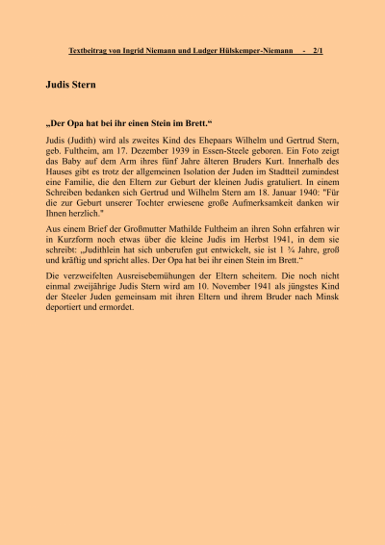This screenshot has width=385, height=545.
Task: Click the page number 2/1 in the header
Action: [x=319, y=49]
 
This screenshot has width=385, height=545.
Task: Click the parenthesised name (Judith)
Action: [x=85, y=141]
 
